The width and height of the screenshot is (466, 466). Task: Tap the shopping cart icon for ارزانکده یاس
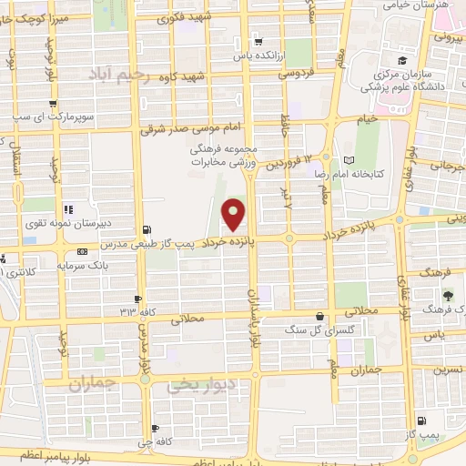pos(259,42)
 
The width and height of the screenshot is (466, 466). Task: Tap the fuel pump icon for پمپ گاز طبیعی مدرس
pos(148,230)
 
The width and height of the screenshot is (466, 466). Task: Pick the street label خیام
pos(366,118)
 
